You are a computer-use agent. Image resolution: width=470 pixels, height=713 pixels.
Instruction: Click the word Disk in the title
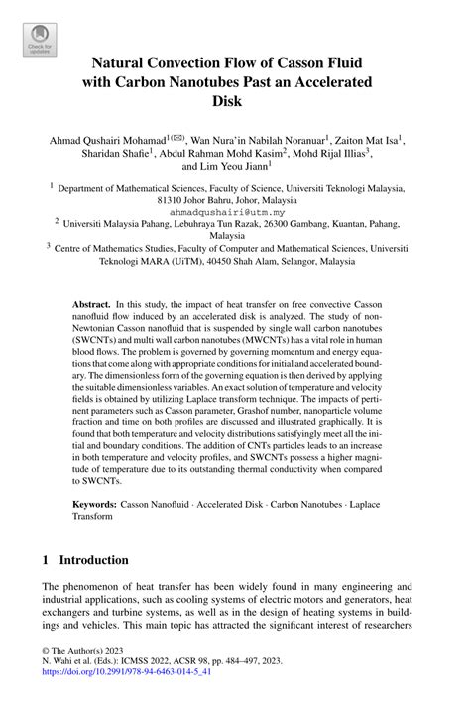(235, 100)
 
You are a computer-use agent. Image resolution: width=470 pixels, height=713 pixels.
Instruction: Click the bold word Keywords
(99, 503)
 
